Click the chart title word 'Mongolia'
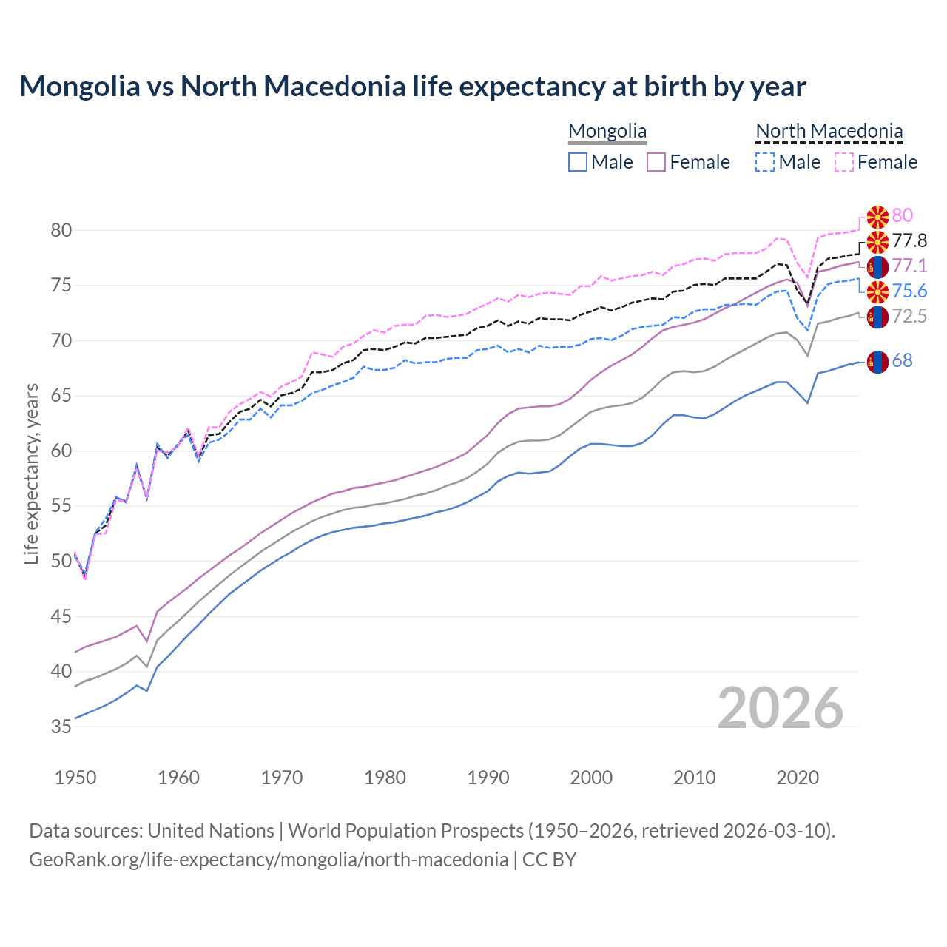(x=79, y=87)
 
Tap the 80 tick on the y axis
(x=61, y=230)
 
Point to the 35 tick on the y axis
(x=61, y=727)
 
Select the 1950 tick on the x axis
(x=75, y=778)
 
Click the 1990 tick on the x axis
(x=488, y=778)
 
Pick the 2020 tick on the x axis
(x=798, y=778)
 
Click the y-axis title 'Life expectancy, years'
(x=31, y=473)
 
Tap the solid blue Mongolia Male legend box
(x=578, y=162)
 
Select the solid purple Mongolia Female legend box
(x=656, y=162)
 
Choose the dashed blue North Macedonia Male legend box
(x=765, y=162)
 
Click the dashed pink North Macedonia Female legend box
(x=844, y=162)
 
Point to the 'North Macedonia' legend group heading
(x=829, y=131)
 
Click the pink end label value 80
(x=902, y=215)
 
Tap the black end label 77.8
(x=909, y=240)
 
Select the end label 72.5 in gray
(x=909, y=316)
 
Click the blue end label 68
(x=902, y=360)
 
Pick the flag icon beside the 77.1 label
(x=877, y=266)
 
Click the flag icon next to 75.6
(x=877, y=291)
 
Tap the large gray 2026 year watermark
(x=781, y=708)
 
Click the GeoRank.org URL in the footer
(x=269, y=860)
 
